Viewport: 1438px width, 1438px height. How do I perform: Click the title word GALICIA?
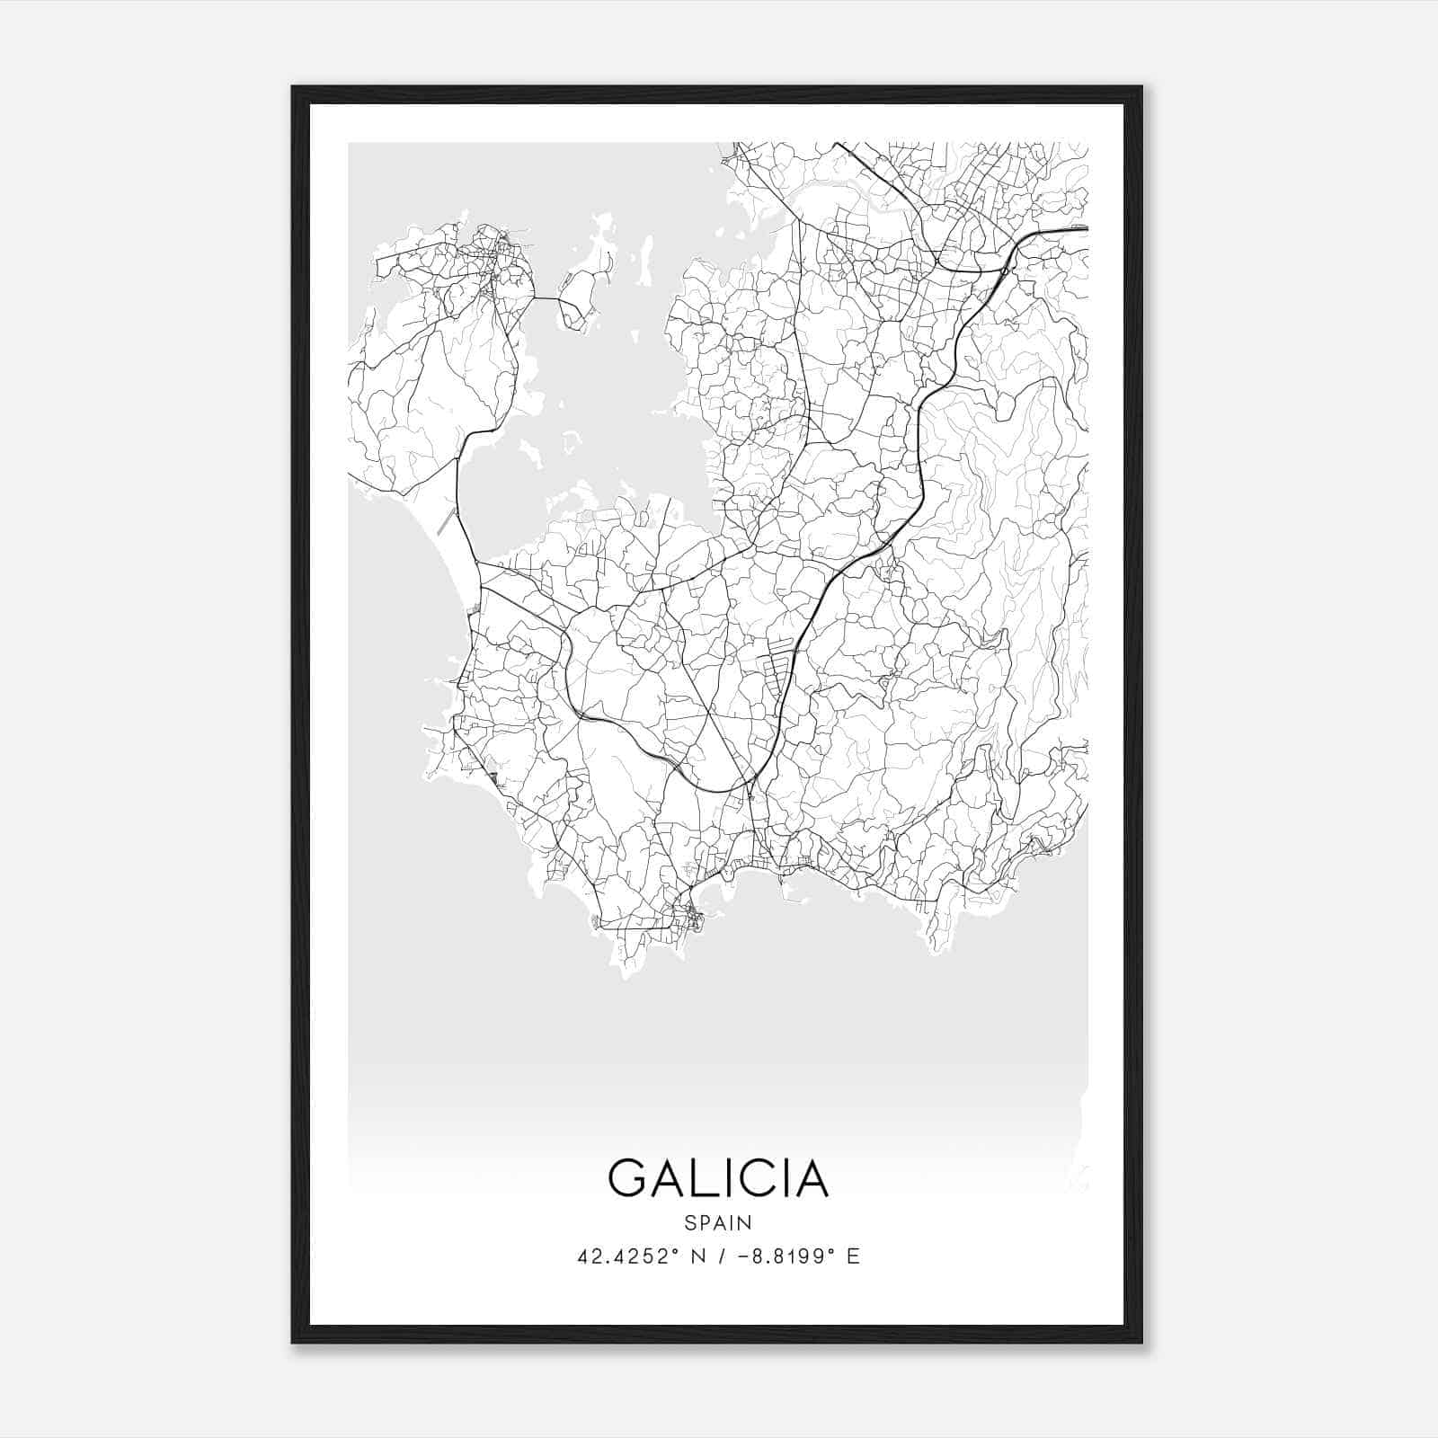click(718, 1178)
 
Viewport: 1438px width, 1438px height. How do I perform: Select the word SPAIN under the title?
click(718, 1222)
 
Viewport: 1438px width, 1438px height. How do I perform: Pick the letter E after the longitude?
click(853, 1256)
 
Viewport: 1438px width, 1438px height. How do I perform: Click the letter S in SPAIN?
click(689, 1222)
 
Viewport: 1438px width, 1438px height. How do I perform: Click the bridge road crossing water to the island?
click(547, 298)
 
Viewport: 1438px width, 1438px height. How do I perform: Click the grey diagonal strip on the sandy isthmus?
click(446, 520)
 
